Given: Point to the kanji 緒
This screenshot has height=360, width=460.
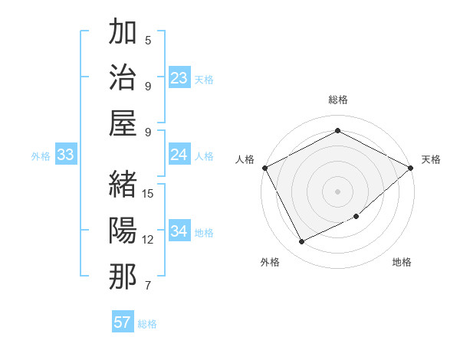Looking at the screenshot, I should click(123, 184).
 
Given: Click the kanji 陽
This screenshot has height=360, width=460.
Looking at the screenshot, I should click(123, 230).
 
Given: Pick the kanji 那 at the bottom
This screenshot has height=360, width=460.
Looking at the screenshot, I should click(123, 276).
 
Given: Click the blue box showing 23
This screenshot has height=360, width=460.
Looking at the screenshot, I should click(179, 78).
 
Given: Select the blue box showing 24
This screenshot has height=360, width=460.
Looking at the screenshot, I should click(179, 155).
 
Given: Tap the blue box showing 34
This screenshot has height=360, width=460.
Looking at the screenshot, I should click(179, 231).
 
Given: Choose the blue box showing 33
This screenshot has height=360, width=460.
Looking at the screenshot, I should click(65, 155).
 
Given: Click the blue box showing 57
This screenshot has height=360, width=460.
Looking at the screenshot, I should click(123, 322).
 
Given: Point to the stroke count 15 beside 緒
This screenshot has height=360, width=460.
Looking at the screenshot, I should click(149, 194).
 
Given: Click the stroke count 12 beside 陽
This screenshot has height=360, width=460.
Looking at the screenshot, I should click(149, 240).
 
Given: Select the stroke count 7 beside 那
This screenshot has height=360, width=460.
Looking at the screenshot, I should click(149, 286).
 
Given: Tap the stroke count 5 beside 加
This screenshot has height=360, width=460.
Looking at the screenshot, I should click(149, 41).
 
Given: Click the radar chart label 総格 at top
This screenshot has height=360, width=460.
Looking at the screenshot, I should click(337, 100).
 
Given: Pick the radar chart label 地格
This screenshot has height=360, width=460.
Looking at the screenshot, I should click(402, 263).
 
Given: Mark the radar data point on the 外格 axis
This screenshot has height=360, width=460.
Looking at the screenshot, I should click(301, 242).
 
